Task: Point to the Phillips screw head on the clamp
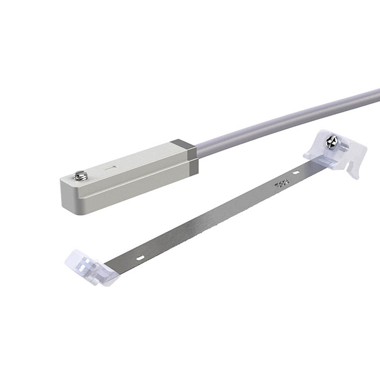coord(331,142)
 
